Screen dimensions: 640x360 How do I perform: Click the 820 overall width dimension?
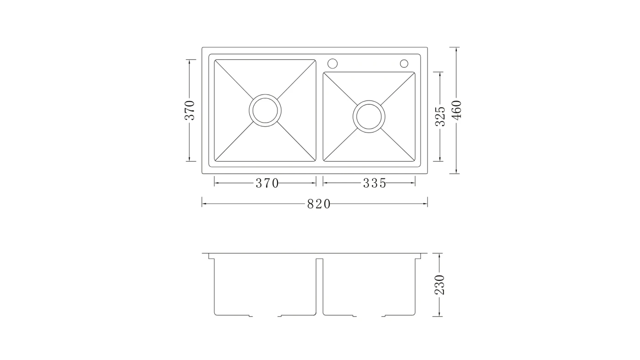(x=319, y=204)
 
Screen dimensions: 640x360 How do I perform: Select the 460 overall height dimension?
(x=457, y=110)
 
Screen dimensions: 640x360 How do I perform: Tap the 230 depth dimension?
(x=439, y=285)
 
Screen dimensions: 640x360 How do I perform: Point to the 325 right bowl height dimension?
(x=440, y=116)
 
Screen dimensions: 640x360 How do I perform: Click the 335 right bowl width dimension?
(x=374, y=183)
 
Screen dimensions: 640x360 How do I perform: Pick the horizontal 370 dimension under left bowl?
(x=267, y=183)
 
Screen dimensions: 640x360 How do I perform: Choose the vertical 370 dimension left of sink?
(x=190, y=110)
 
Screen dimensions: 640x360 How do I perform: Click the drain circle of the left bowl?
(x=265, y=94)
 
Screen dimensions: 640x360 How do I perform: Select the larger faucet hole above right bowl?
(x=333, y=58)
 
